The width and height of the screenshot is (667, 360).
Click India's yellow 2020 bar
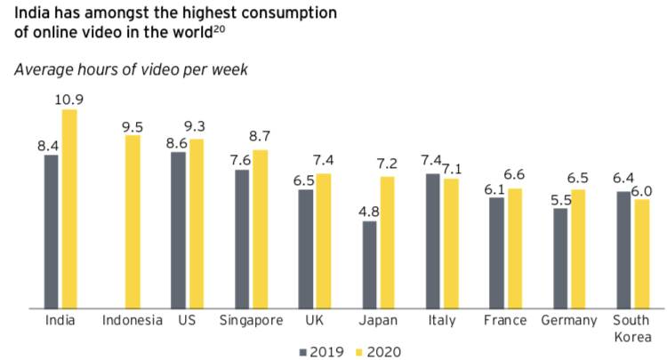68,209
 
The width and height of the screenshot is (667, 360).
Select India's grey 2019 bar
52,232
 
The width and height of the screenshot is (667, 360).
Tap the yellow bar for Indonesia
133,221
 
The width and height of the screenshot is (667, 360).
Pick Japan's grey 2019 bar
369,265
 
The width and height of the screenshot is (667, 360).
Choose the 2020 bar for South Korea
641,254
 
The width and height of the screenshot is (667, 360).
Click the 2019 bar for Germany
560,259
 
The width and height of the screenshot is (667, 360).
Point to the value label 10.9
68,100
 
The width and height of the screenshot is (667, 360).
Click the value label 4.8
369,212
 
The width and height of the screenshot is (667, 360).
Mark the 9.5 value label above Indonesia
133,125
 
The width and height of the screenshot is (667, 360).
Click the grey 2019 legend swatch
304,350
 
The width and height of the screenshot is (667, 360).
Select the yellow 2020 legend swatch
356,350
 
